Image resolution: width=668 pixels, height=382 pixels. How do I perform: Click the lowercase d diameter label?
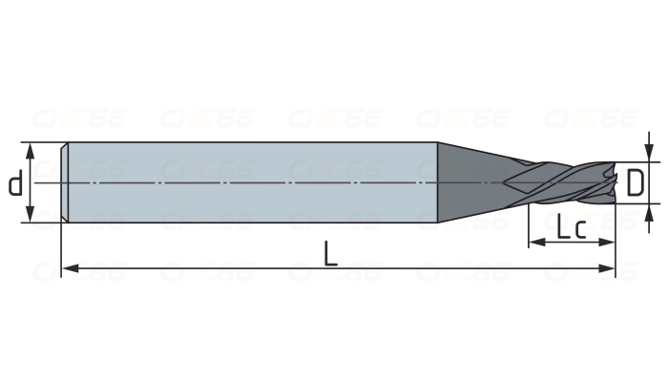(x=15, y=183)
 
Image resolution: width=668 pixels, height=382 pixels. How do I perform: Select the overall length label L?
(x=330, y=254)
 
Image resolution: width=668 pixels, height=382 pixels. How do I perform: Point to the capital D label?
(x=635, y=181)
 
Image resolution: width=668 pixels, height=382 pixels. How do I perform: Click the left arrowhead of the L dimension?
(x=68, y=269)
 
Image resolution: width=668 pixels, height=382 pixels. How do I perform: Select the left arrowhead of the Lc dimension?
(x=533, y=243)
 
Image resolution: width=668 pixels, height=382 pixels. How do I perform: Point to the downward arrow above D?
(x=650, y=156)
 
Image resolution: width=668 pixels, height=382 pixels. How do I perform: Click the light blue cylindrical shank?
(x=248, y=181)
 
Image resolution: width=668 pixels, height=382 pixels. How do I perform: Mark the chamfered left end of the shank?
(x=64, y=181)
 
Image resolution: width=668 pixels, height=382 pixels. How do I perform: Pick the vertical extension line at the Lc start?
(x=528, y=224)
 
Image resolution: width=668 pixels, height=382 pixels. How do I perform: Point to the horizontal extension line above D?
(x=635, y=162)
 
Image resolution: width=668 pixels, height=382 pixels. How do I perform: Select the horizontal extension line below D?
(x=635, y=203)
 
